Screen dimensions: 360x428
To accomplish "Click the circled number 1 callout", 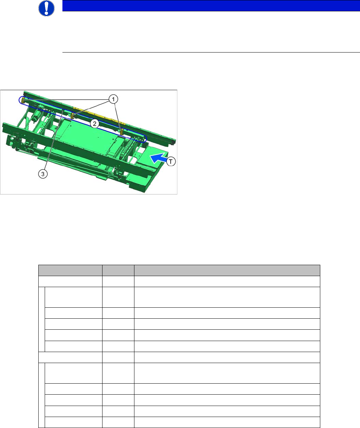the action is [113, 99].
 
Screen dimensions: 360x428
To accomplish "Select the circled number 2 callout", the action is [94, 124].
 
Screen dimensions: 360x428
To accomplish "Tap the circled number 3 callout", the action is [43, 174].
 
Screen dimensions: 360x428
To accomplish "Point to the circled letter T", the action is [171, 161].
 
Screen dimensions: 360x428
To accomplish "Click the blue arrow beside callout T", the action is [158, 158].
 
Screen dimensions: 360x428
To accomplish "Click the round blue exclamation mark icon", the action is [46, 8].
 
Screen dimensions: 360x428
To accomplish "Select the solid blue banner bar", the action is [211, 6].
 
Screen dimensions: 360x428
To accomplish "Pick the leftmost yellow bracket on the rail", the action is [23, 100].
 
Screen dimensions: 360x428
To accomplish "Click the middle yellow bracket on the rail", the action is [72, 116].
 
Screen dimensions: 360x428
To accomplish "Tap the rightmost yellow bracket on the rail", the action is [122, 132].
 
